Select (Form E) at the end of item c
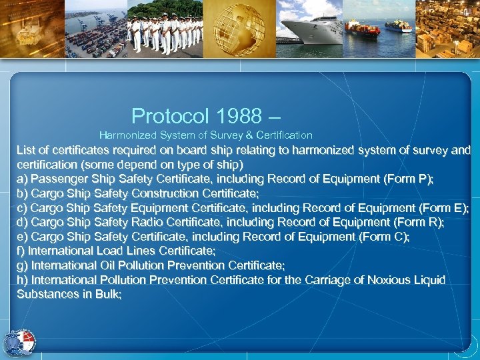[442, 208]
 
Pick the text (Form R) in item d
[418, 222]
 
